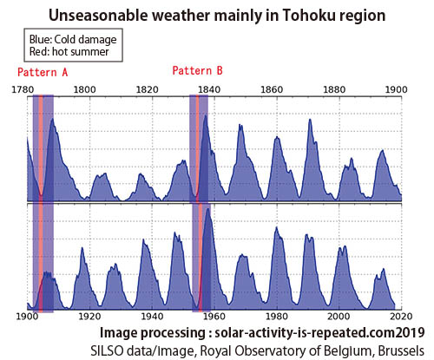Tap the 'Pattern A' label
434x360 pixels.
43,72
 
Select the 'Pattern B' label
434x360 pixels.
198,70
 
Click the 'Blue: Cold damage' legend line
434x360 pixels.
73,39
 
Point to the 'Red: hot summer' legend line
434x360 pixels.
69,52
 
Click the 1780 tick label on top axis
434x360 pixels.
23,89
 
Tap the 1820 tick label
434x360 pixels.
148,89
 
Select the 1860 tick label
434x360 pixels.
272,89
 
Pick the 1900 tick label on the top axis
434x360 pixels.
397,89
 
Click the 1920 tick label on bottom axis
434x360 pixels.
89,316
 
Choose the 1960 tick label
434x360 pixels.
214,316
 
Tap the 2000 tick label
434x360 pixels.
339,316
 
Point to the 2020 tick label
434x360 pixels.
401,316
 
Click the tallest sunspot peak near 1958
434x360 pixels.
207,209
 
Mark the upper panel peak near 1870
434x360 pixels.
310,120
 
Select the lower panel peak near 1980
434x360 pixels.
276,228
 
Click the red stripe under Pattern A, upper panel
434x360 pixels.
41,147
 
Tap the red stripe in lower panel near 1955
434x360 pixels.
201,258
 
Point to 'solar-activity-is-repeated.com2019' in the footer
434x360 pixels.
319,333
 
